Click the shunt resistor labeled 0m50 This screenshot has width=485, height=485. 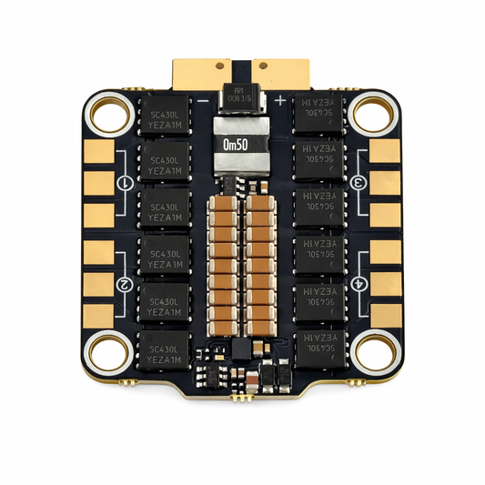243,145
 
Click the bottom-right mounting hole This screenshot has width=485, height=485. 372,351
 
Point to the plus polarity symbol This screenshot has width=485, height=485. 279,99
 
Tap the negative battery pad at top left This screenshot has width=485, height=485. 203,73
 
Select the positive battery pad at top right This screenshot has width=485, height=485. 283,73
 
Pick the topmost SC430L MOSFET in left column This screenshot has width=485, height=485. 165,114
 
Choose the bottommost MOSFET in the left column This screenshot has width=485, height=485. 165,350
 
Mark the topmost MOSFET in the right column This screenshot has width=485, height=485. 319,114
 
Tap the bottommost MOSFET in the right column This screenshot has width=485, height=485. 319,350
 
